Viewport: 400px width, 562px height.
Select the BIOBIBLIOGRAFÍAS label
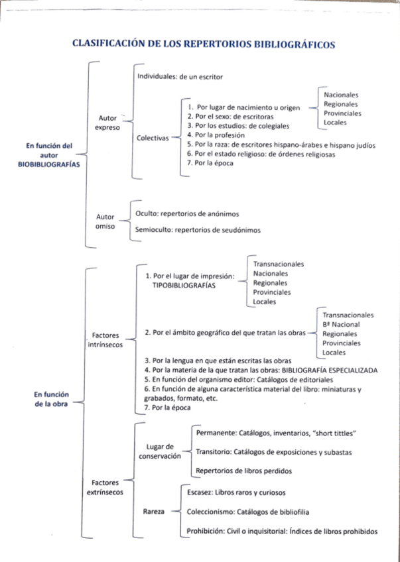pos(48,166)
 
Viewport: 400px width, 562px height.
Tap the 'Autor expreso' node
pos(107,123)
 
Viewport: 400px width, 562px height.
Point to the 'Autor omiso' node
pos(105,221)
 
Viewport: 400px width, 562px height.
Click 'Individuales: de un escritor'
pos(180,77)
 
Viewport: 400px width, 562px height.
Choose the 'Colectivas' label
pos(153,138)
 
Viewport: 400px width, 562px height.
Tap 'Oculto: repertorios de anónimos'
pos(187,214)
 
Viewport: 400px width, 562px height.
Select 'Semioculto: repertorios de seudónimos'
pos(198,230)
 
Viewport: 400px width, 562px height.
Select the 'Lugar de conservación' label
pos(160,451)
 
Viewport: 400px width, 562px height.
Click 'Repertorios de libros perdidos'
pos(244,471)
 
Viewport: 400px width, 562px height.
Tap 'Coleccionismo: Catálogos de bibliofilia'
pos(257,512)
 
